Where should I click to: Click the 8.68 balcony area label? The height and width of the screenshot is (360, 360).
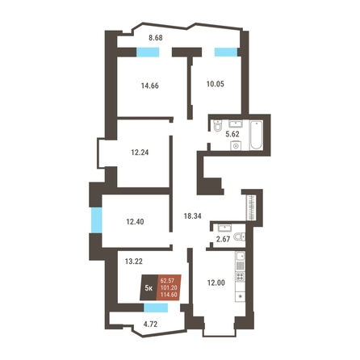(x=156, y=38)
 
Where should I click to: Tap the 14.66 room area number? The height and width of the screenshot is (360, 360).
(x=150, y=86)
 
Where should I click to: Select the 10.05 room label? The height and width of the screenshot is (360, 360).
(x=216, y=84)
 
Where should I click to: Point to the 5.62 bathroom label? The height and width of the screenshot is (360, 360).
(x=232, y=134)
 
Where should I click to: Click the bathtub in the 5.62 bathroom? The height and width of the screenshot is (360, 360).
(x=256, y=136)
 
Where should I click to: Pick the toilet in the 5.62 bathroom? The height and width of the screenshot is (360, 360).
(x=218, y=126)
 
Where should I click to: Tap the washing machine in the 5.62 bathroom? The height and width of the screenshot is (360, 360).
(x=236, y=145)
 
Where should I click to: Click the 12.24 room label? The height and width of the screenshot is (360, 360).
(x=140, y=153)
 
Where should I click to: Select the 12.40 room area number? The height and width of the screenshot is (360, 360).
(x=135, y=222)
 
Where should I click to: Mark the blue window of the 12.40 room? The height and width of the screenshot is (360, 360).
(x=96, y=220)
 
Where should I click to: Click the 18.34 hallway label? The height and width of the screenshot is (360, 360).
(x=192, y=216)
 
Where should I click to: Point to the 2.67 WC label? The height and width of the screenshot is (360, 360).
(x=223, y=239)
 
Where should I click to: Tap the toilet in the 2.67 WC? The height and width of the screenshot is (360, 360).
(x=240, y=237)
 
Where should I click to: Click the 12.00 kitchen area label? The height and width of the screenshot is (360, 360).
(x=216, y=283)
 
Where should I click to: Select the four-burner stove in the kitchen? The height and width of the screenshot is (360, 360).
(x=241, y=276)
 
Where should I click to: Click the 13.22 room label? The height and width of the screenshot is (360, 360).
(x=134, y=262)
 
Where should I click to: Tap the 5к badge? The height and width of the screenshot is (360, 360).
(x=149, y=288)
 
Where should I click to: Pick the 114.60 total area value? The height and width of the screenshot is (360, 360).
(x=169, y=295)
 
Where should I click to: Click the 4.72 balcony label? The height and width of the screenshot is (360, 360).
(x=150, y=324)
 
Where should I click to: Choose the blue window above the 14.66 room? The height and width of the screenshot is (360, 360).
(x=148, y=52)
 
